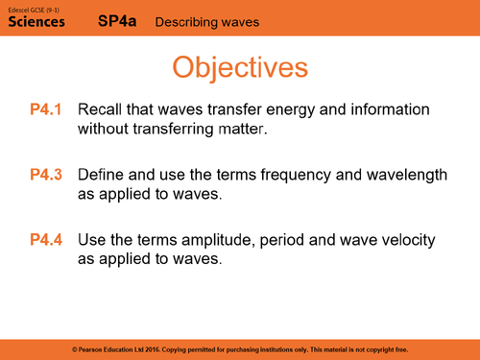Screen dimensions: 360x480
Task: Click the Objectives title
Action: (240, 67)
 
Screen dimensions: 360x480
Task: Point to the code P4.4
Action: (45, 240)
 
